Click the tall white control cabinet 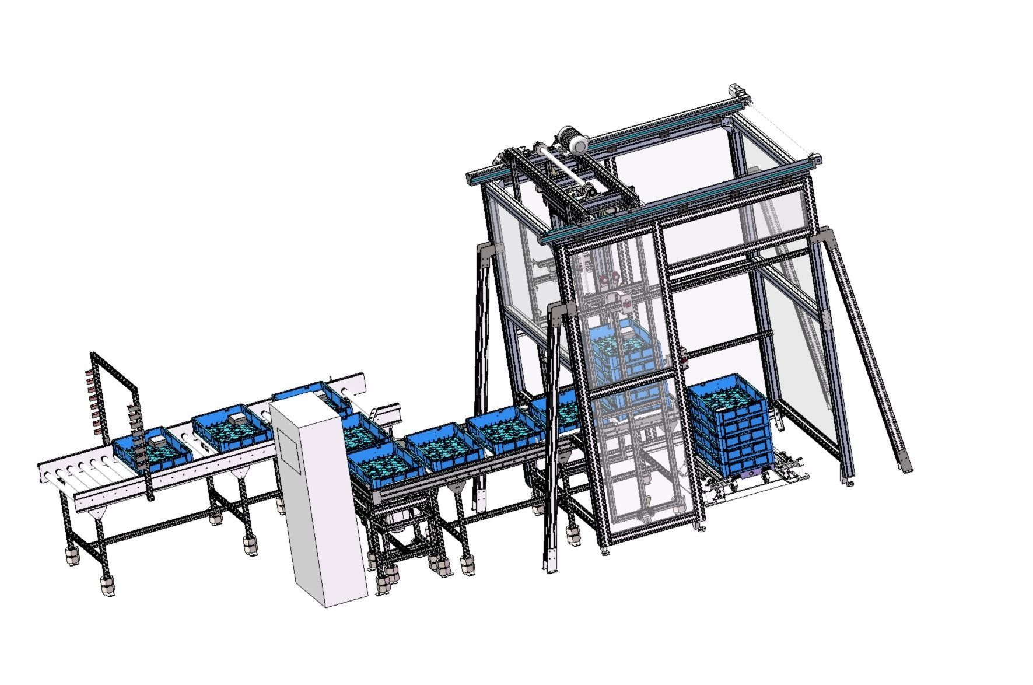click(318, 502)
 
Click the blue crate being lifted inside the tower click(624, 356)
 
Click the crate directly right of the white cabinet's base click(385, 464)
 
